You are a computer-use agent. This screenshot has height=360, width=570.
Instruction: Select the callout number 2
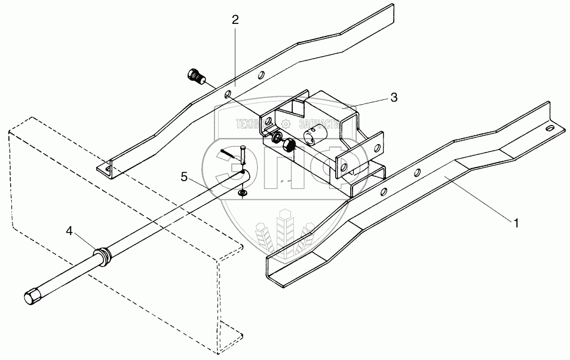click(x=235, y=20)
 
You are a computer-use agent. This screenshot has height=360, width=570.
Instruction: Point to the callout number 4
click(x=70, y=231)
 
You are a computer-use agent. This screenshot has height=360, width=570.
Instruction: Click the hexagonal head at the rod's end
click(x=31, y=297)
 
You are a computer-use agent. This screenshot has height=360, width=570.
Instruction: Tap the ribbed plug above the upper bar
click(x=195, y=77)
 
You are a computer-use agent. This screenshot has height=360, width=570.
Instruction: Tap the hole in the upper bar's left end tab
click(x=108, y=170)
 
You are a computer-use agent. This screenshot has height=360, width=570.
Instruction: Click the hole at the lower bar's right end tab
click(x=547, y=127)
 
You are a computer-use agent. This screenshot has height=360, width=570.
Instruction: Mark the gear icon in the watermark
click(x=286, y=124)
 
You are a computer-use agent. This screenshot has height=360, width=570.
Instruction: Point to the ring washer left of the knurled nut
click(x=277, y=138)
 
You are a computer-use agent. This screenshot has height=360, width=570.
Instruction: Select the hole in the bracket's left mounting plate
click(x=269, y=122)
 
